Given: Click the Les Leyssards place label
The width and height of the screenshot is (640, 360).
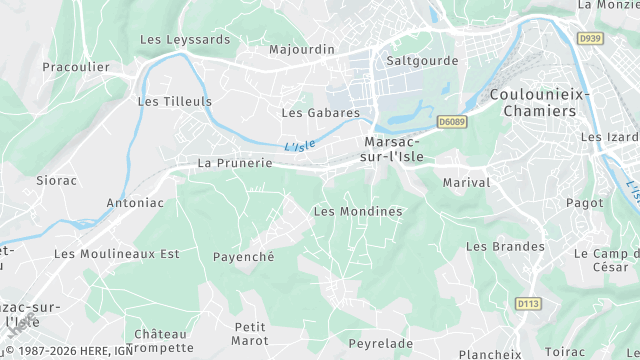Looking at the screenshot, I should pos(185,40).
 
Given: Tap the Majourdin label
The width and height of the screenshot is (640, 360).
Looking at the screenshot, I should pos(302,48).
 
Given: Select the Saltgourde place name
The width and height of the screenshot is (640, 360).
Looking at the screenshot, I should pos(422,60).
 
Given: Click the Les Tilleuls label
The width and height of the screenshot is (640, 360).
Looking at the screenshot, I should pos(174,102).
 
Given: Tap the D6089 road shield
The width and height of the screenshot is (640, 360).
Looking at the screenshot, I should pos(451,122).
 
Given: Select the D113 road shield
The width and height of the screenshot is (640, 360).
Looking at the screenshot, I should pos(528,303).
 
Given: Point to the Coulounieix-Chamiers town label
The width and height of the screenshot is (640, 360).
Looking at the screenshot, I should pos(540,102).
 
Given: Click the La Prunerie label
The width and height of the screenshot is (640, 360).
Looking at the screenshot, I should pos(235,162).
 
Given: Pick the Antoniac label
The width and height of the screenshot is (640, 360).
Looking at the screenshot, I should pos(135,202).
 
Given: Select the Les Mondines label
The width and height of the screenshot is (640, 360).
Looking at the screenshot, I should pos(358,211).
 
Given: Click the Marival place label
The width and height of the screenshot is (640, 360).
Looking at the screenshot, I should pos(466,183).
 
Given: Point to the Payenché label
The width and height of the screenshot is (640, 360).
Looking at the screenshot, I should pos(243,256).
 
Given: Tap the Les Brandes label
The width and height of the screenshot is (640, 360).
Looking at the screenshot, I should pos(506,246).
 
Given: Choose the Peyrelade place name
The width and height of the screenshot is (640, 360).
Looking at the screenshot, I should pos(380,343).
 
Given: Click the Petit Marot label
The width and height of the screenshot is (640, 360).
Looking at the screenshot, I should pos(249,334).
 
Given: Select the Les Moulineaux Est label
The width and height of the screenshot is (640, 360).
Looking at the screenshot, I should pos(117,254).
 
